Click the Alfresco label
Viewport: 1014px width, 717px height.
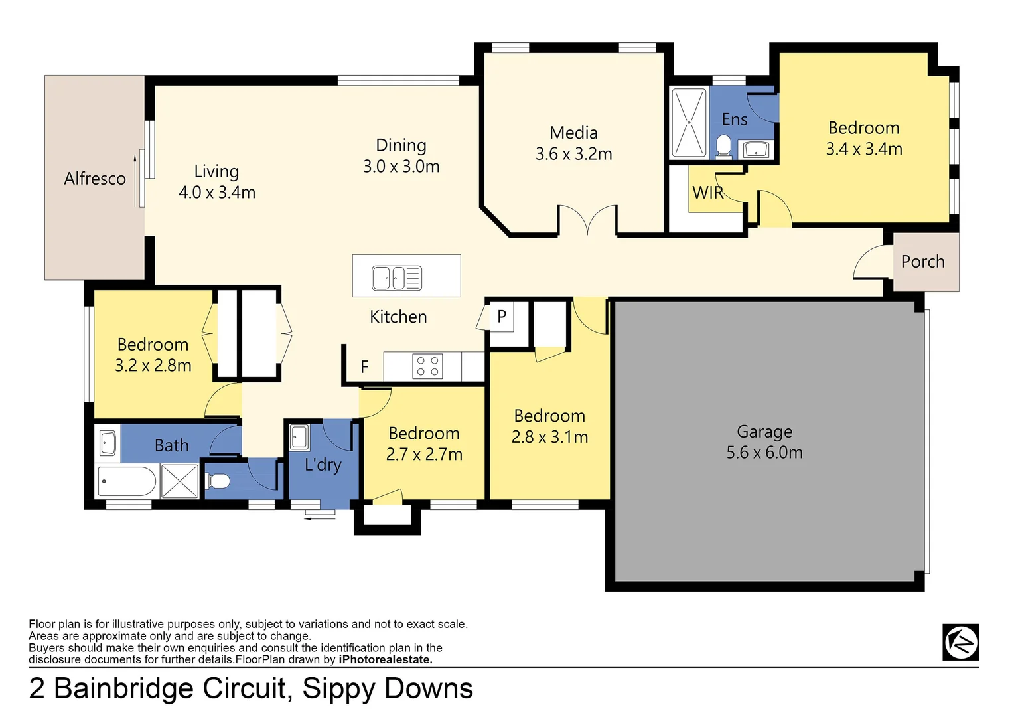coord(95,179)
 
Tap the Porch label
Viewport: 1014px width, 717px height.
coord(922,262)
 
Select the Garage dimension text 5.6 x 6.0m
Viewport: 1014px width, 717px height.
coord(764,453)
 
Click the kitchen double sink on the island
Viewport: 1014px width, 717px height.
coord(396,278)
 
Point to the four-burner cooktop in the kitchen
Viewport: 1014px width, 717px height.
coord(427,366)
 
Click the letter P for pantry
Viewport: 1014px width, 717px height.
coord(502,317)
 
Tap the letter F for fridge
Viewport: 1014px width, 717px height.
coord(364,367)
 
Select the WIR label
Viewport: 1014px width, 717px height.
coord(707,193)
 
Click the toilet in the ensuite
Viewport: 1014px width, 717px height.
coord(723,147)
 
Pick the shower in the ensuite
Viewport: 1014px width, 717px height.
coord(689,123)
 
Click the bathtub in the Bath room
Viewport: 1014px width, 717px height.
coord(126,482)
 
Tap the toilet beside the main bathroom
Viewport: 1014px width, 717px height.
coord(218,481)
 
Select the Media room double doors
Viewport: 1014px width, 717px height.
coord(588,221)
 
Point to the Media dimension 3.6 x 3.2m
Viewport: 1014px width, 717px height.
coord(574,154)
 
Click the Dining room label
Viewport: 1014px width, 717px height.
coord(401,145)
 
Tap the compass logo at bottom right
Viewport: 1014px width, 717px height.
coord(960,642)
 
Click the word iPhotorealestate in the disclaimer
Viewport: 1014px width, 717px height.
coord(385,659)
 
